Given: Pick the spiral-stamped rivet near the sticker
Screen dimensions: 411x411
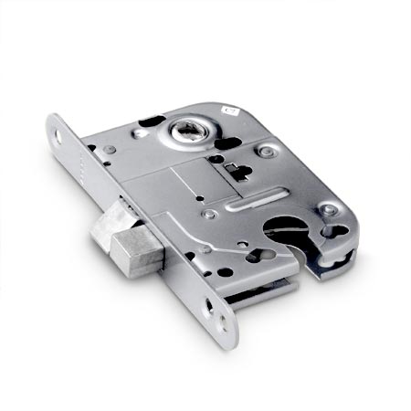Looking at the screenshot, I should click(x=266, y=150).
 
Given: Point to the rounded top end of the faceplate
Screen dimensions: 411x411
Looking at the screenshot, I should click(x=57, y=122).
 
